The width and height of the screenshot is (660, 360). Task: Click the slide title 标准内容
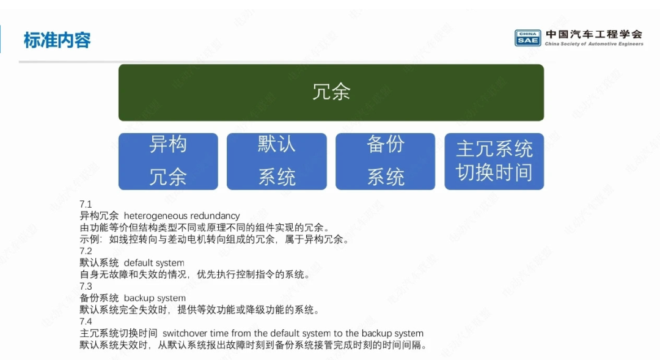click(57, 40)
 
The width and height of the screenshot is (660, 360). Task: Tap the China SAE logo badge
click(527, 38)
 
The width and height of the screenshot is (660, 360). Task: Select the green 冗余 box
click(331, 93)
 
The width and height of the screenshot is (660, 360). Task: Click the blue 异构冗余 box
click(169, 161)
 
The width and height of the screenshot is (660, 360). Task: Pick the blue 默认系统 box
click(277, 161)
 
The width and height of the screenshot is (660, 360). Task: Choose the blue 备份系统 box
click(385, 161)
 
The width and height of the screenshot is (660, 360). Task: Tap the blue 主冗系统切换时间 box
click(494, 161)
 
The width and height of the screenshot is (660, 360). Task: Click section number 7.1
click(86, 204)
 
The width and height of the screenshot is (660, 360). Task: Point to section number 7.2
click(86, 251)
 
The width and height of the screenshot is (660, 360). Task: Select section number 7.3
click(86, 286)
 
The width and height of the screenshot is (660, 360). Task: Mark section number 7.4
click(86, 321)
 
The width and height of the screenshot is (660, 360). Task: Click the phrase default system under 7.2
click(154, 263)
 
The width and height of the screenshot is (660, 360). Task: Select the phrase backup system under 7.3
click(155, 298)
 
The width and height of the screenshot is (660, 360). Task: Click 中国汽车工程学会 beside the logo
click(594, 34)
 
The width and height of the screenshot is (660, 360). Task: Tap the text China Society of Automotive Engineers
click(594, 44)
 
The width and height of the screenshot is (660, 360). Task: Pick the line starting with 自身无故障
click(196, 274)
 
